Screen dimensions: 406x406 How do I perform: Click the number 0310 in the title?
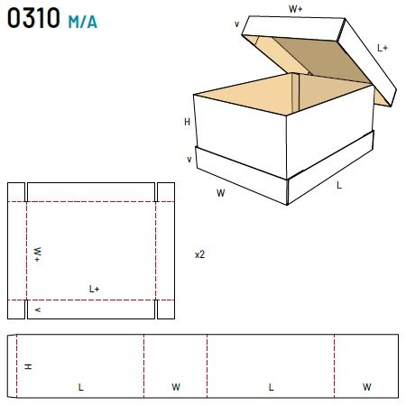33,18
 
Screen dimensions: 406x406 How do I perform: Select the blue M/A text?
83,22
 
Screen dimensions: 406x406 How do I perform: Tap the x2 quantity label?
199,254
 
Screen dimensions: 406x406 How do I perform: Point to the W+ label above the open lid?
296,9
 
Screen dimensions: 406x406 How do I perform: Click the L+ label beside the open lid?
383,48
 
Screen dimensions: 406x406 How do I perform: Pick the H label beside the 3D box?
187,122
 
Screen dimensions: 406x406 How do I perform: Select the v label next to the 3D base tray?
189,159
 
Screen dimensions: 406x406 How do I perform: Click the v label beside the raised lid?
237,24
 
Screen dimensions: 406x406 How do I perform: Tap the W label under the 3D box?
220,193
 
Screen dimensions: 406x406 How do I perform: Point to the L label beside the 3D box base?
339,185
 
